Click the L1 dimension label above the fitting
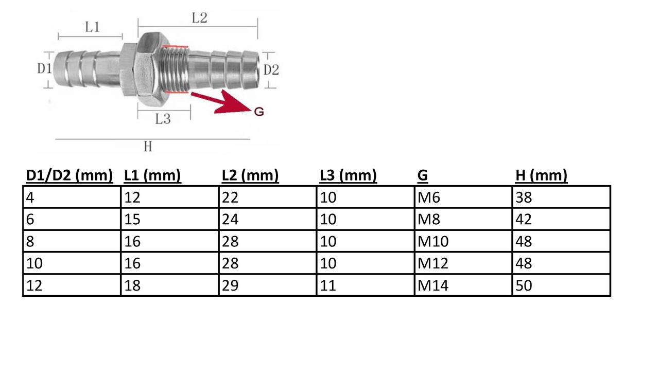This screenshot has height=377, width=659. (x=92, y=27)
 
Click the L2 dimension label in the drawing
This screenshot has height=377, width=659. (x=199, y=17)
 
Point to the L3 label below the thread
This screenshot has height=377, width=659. (x=163, y=119)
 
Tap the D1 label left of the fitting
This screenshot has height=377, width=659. (x=44, y=69)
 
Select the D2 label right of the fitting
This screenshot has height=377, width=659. (x=271, y=70)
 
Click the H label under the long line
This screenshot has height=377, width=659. (x=148, y=147)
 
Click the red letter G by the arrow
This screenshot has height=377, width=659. (x=259, y=112)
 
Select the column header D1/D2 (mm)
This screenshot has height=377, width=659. (x=70, y=175)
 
